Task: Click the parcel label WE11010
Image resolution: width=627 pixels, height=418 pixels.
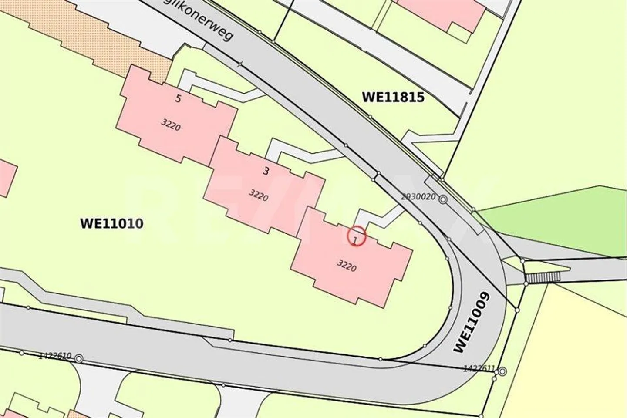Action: (111, 224)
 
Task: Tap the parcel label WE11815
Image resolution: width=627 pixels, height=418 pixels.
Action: (393, 97)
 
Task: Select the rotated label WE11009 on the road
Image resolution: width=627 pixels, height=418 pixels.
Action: (472, 322)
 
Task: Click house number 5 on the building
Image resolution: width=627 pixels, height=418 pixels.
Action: (178, 98)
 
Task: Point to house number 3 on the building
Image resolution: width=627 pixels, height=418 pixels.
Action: (266, 171)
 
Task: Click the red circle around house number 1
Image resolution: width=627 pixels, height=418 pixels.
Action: (356, 237)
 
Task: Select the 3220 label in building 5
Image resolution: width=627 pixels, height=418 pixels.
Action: (171, 125)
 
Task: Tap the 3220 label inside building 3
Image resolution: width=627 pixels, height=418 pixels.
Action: (258, 195)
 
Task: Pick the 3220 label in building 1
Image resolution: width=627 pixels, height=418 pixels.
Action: (347, 265)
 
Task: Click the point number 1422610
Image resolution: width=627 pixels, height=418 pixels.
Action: (55, 356)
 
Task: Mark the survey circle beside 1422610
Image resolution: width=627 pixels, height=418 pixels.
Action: (79, 359)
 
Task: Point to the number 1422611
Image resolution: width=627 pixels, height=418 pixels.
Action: (479, 369)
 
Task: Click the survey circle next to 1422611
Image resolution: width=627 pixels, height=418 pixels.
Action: (502, 371)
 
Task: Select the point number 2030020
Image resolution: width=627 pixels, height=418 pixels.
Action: (418, 196)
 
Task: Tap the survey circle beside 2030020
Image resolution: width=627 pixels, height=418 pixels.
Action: (443, 200)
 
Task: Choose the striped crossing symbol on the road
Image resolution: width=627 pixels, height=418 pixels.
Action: (543, 277)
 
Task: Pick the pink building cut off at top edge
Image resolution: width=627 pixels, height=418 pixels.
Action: (440, 13)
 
